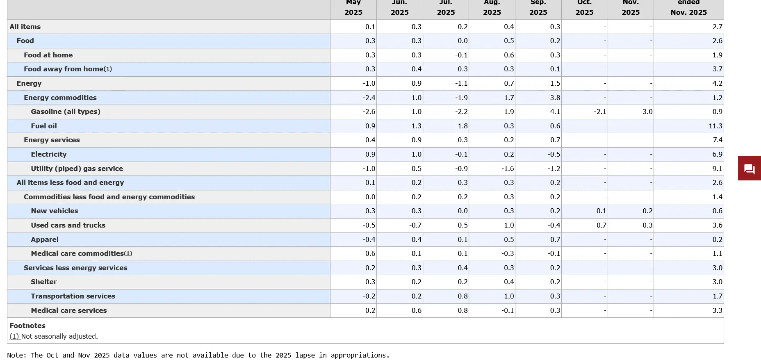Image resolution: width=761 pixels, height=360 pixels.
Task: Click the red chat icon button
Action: click(x=749, y=168)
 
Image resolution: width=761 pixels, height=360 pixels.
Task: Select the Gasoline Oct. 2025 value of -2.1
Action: click(x=600, y=112)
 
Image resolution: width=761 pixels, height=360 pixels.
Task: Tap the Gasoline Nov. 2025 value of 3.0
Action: click(x=647, y=112)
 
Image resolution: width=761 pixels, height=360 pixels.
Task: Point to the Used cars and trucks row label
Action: click(x=68, y=225)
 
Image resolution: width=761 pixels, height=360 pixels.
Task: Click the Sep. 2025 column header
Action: click(x=538, y=8)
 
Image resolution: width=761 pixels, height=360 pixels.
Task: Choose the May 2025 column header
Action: click(x=353, y=8)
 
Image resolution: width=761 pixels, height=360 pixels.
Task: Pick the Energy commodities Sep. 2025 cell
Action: click(x=555, y=98)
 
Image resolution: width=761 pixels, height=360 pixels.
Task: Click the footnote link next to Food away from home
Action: click(x=108, y=69)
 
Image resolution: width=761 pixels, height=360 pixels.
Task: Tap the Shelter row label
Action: click(x=43, y=282)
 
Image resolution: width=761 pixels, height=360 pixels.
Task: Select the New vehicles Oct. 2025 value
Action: click(x=601, y=211)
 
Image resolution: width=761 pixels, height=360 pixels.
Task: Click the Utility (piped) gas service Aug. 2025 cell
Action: click(x=508, y=169)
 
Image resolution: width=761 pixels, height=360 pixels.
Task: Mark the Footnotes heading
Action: click(x=27, y=326)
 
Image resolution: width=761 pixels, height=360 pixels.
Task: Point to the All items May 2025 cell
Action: click(x=370, y=27)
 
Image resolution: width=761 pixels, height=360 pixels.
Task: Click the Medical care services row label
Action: click(x=69, y=310)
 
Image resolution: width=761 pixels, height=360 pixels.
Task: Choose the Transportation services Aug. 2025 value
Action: click(x=508, y=296)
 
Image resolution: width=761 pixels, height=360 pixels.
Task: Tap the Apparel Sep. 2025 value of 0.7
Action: click(x=555, y=239)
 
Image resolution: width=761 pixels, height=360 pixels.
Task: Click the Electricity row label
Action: click(x=48, y=154)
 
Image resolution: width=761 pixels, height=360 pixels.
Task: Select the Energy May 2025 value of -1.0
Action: click(x=369, y=83)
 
